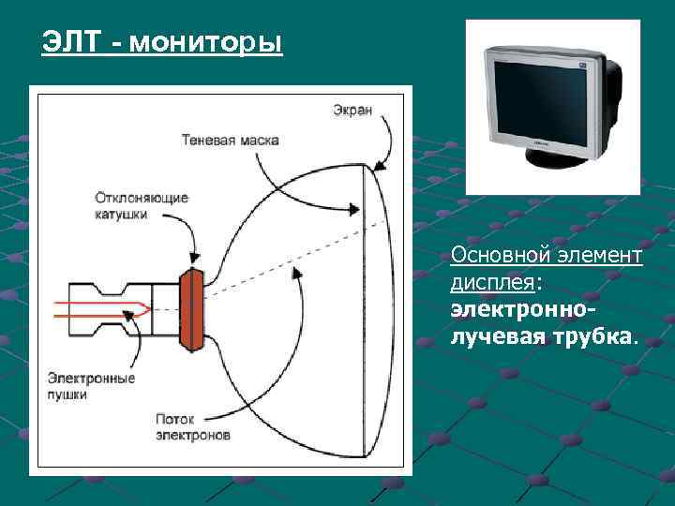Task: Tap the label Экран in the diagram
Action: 352,110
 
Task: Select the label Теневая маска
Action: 230,140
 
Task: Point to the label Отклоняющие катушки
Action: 142,205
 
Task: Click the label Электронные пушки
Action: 91,386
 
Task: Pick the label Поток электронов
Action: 192,427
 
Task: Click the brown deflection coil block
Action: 192,309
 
